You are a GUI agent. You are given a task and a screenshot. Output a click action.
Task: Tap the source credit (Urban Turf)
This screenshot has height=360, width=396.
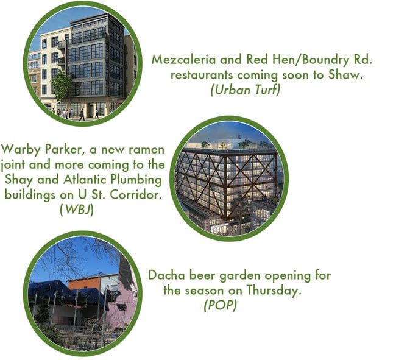[x=246, y=90]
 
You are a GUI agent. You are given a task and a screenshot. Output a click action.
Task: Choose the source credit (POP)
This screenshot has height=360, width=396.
[x=219, y=305]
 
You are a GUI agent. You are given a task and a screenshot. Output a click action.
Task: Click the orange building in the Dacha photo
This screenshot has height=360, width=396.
[x=83, y=284]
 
